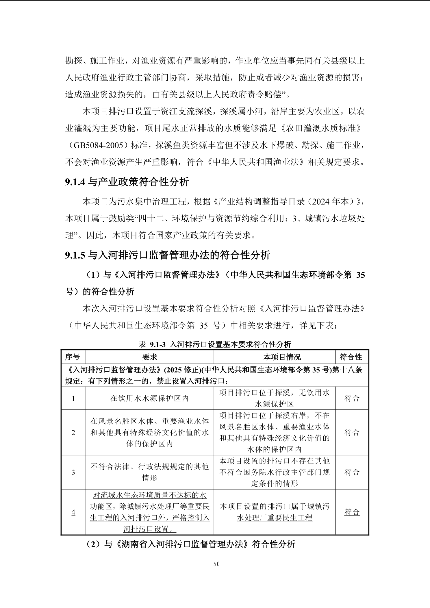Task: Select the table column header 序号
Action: [72, 357]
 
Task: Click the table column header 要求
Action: [150, 357]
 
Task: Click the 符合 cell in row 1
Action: [352, 398]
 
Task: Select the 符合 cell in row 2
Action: [352, 433]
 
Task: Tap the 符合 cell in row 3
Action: [352, 472]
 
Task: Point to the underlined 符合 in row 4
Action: [352, 512]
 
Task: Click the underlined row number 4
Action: [73, 512]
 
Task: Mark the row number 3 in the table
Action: [73, 472]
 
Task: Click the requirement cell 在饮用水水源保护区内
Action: [150, 398]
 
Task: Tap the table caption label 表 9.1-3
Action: [152, 344]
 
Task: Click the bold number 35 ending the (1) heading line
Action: [360, 275]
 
